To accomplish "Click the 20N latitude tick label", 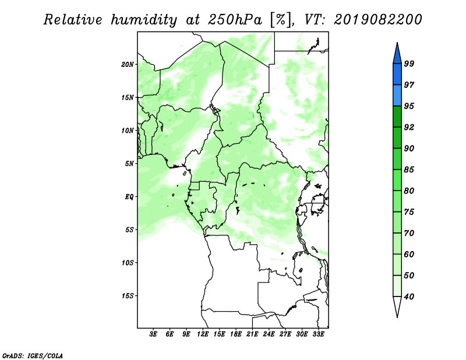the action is (128, 65).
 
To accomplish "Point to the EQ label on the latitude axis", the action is (129, 197).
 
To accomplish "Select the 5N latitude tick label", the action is (129, 164).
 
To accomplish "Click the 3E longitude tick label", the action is (153, 334).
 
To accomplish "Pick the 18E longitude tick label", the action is (236, 334).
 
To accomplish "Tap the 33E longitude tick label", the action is (318, 334).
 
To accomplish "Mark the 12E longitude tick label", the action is (203, 334).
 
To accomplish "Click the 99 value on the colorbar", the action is (409, 63).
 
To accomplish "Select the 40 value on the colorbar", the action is (409, 297).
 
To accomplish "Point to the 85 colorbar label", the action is (409, 170).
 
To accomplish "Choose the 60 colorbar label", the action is (409, 254).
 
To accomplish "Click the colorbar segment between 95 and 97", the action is (397, 96).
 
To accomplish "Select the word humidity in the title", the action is (144, 20).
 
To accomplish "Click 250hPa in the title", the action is (235, 20).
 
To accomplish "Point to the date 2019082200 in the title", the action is (377, 20).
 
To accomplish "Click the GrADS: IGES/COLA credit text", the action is (33, 356).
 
